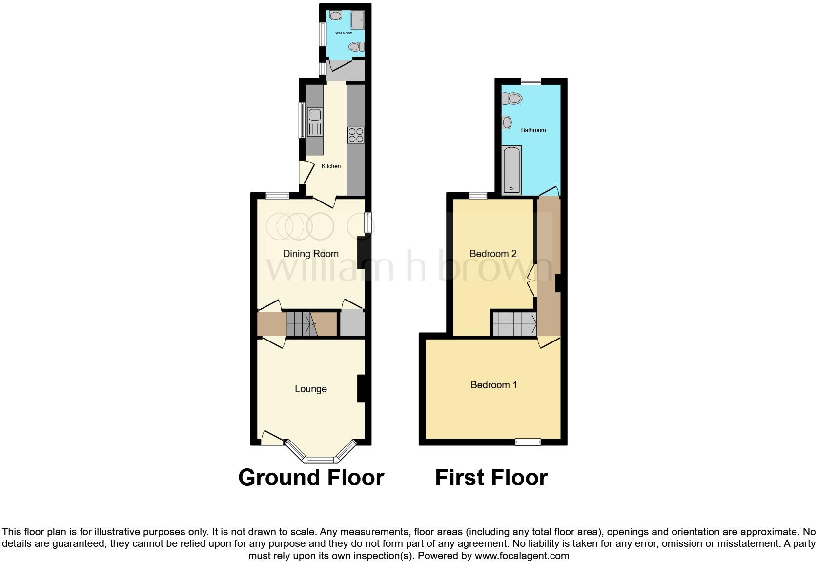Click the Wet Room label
[x=344, y=33]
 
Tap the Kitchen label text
[x=331, y=166]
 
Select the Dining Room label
[x=311, y=254]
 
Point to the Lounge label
[x=311, y=389]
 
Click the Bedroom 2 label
[x=493, y=254]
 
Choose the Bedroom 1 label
[x=494, y=385]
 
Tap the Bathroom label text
[x=533, y=130]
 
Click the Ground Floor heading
[x=311, y=477]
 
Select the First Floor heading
[x=491, y=477]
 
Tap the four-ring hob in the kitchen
[x=356, y=135]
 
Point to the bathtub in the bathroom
[x=511, y=170]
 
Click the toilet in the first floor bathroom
[x=512, y=99]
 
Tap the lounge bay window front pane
[x=321, y=460]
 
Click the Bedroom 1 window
[x=529, y=442]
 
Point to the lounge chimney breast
[x=361, y=388]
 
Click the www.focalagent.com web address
[x=522, y=555]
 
